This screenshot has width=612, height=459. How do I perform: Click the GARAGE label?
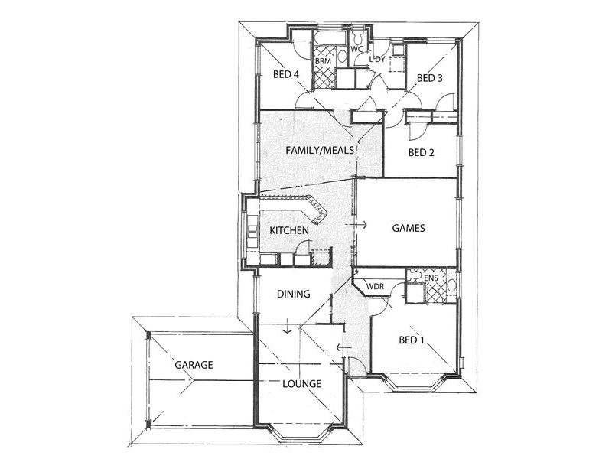pyautogui.click(x=193, y=365)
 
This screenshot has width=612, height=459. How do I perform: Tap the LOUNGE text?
pyautogui.click(x=301, y=383)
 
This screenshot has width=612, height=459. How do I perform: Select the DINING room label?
pyautogui.click(x=292, y=294)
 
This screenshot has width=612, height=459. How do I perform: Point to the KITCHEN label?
pyautogui.click(x=289, y=230)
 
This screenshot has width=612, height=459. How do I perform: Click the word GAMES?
pyautogui.click(x=408, y=228)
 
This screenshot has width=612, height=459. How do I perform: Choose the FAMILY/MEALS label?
pyautogui.click(x=320, y=151)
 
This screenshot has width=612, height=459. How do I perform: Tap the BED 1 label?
pyautogui.click(x=411, y=340)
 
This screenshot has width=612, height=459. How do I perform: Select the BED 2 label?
pyautogui.click(x=421, y=152)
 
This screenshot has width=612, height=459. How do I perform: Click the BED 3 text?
pyautogui.click(x=429, y=78)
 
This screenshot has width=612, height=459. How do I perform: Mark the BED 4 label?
pyautogui.click(x=286, y=74)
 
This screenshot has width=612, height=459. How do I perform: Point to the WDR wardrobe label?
pyautogui.click(x=375, y=287)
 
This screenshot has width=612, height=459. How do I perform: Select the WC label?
pyautogui.click(x=356, y=48)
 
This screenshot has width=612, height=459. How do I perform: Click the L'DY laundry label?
pyautogui.click(x=377, y=59)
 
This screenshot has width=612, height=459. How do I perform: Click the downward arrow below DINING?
pyautogui.click(x=286, y=329)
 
